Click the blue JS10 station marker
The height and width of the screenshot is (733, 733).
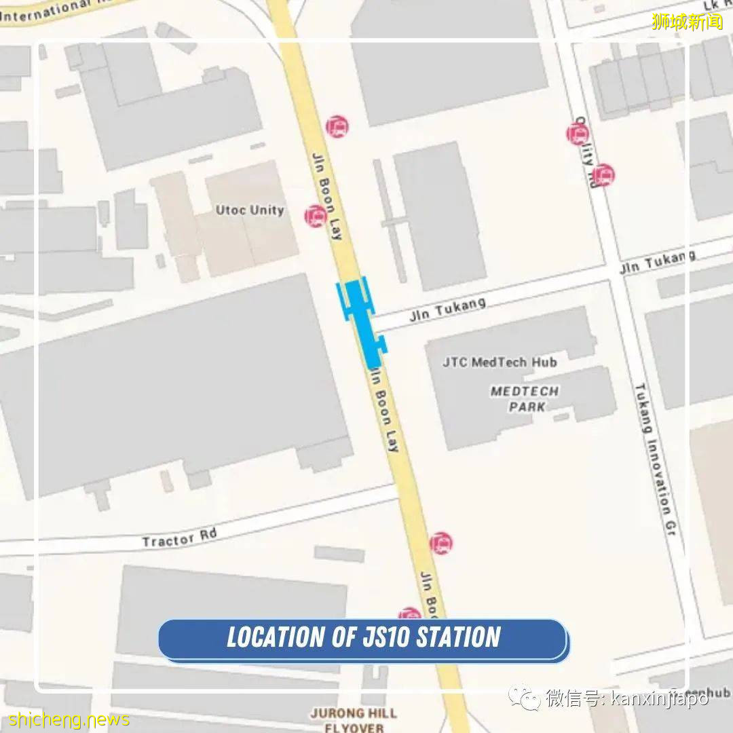tap(362, 319)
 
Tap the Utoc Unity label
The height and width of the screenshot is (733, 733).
tap(250, 210)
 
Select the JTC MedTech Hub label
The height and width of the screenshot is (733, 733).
tap(500, 362)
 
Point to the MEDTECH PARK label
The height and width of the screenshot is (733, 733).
tap(525, 399)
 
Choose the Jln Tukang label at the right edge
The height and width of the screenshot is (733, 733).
tap(658, 262)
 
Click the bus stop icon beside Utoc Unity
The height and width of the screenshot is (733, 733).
tap(316, 216)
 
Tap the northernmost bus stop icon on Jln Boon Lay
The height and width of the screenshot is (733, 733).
tap(337, 126)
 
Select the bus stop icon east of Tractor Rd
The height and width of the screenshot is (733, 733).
tap(440, 543)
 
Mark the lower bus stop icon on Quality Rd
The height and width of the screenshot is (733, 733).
tap(603, 175)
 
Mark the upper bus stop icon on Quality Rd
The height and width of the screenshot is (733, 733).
tap(578, 134)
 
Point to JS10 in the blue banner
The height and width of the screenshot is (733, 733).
tap(384, 638)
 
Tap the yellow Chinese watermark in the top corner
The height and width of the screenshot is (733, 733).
tap(687, 22)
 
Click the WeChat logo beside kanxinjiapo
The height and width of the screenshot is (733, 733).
tap(525, 697)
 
